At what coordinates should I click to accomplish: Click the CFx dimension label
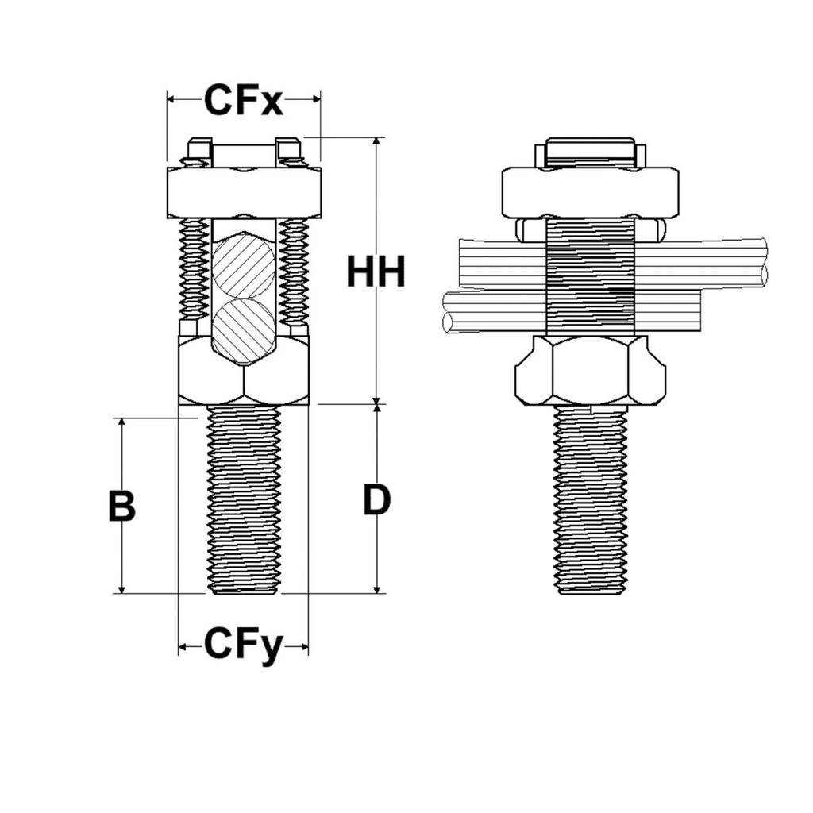pos(243,100)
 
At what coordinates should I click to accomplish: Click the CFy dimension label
pos(243,646)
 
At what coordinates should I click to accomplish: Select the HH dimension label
pos(376,272)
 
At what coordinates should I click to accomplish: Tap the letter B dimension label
pos(121,507)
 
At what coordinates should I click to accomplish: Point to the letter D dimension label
pos(377,500)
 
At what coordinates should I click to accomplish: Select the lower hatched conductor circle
pos(244,330)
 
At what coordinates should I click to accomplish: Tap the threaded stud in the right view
pos(590,500)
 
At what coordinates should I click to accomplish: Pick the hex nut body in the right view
pos(590,371)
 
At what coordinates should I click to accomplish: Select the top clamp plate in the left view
pos(244,192)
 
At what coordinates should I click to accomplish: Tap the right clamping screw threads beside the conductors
pos(296,270)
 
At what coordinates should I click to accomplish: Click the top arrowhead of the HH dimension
pos(377,143)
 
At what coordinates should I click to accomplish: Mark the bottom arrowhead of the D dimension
pos(377,588)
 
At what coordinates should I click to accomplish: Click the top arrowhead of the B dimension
pos(121,423)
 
